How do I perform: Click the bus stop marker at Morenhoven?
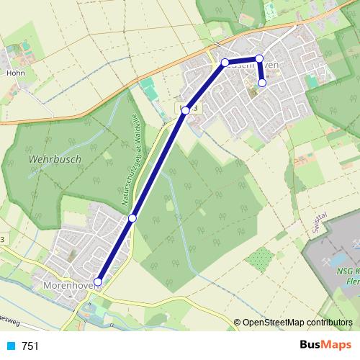point(99,282)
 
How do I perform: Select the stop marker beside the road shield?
point(186,110)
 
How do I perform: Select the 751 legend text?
point(30,346)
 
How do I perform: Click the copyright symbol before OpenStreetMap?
point(238,323)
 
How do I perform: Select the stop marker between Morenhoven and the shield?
point(132,217)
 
